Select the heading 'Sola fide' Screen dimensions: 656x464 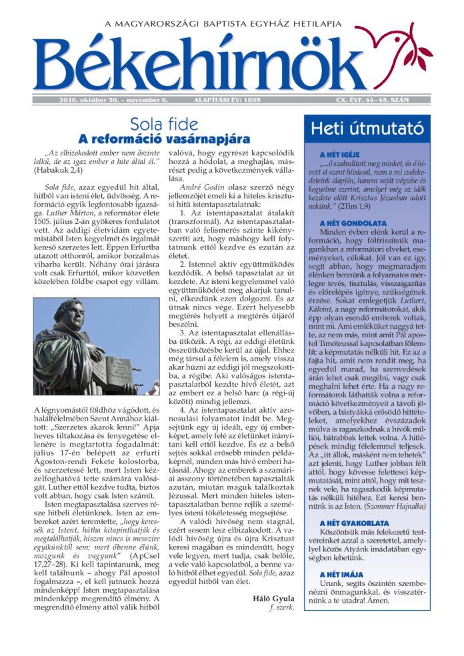pyautogui.click(x=164, y=123)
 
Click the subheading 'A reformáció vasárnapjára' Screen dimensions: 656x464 pyautogui.click(x=164, y=139)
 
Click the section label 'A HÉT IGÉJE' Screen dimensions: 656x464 pyautogui.click(x=341, y=155)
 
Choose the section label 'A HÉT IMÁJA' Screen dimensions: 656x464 pyautogui.click(x=341, y=575)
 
